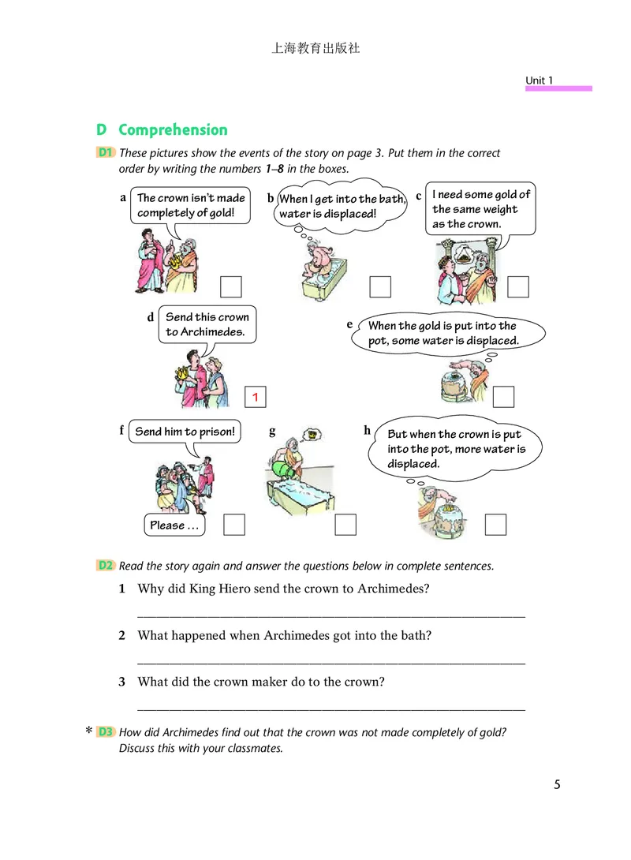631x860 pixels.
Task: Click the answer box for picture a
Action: tap(231, 287)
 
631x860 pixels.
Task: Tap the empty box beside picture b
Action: tap(380, 287)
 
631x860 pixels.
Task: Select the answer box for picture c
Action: tap(518, 287)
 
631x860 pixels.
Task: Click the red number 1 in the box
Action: tap(256, 398)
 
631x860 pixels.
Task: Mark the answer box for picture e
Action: tap(503, 397)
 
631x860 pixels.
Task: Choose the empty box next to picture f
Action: tap(234, 525)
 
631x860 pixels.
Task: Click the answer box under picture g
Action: tap(345, 525)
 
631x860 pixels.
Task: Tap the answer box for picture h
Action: tap(495, 524)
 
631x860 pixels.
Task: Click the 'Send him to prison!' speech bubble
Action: tap(185, 432)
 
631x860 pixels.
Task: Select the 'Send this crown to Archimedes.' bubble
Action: tap(207, 324)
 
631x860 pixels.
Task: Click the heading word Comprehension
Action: tap(173, 130)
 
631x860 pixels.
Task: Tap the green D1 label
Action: tap(106, 152)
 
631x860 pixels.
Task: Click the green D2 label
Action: tap(106, 566)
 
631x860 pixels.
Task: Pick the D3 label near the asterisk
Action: tap(106, 732)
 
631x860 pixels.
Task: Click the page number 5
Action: tap(557, 784)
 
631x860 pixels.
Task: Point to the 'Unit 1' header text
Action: tap(540, 80)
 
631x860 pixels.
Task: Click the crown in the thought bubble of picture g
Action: tap(314, 433)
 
